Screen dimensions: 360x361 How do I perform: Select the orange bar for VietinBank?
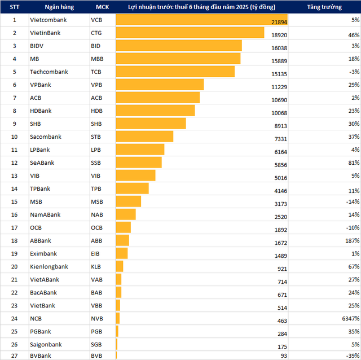coord(190,33)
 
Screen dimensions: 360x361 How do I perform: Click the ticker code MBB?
coord(97,59)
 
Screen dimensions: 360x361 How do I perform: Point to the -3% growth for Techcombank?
coord(353,72)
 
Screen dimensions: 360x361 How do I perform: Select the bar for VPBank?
coord(160,85)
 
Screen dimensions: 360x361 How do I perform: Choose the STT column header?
coord(15,7)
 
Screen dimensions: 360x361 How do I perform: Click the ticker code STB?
coord(96,137)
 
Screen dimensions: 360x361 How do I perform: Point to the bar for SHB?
coord(151,124)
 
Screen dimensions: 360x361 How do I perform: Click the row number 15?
coord(15,201)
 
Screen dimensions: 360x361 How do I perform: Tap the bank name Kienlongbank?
coord(49,266)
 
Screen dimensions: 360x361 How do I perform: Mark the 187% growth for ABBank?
coord(350,240)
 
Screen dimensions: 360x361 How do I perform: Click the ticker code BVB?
coord(96,355)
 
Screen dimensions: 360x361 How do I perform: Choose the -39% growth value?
coord(351,355)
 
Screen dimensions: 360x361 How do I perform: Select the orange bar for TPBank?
coord(133,188)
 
